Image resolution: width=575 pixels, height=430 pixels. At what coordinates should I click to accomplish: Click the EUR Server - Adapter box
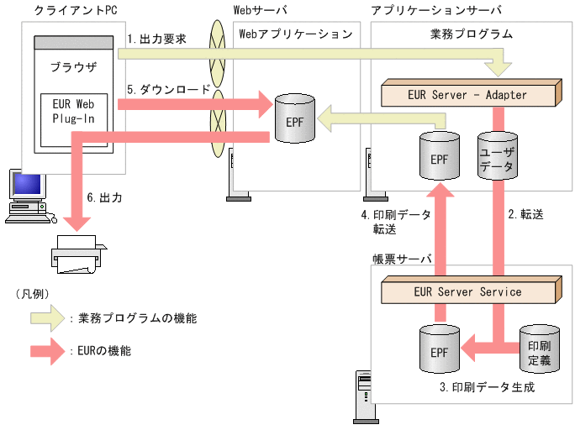pos(468,95)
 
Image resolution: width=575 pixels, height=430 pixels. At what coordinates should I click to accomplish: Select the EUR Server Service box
pos(468,292)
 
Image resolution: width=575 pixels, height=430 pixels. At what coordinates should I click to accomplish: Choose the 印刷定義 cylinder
pos(539,350)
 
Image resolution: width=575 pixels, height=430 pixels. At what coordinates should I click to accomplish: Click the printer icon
pos(81,254)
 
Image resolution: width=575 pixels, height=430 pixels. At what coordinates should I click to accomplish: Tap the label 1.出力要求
pos(156,39)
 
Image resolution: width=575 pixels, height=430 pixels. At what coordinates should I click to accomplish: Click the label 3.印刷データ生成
pos(487,388)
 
